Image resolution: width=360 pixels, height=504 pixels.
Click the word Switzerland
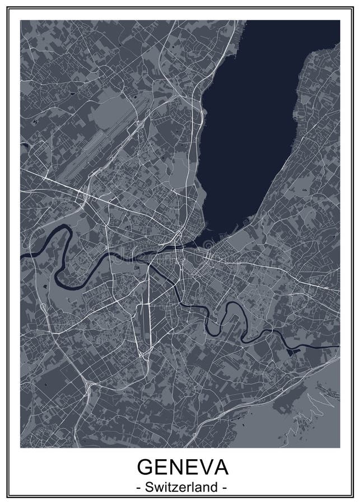[x=180, y=487]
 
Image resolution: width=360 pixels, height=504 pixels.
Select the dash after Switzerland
[x=225, y=488]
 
